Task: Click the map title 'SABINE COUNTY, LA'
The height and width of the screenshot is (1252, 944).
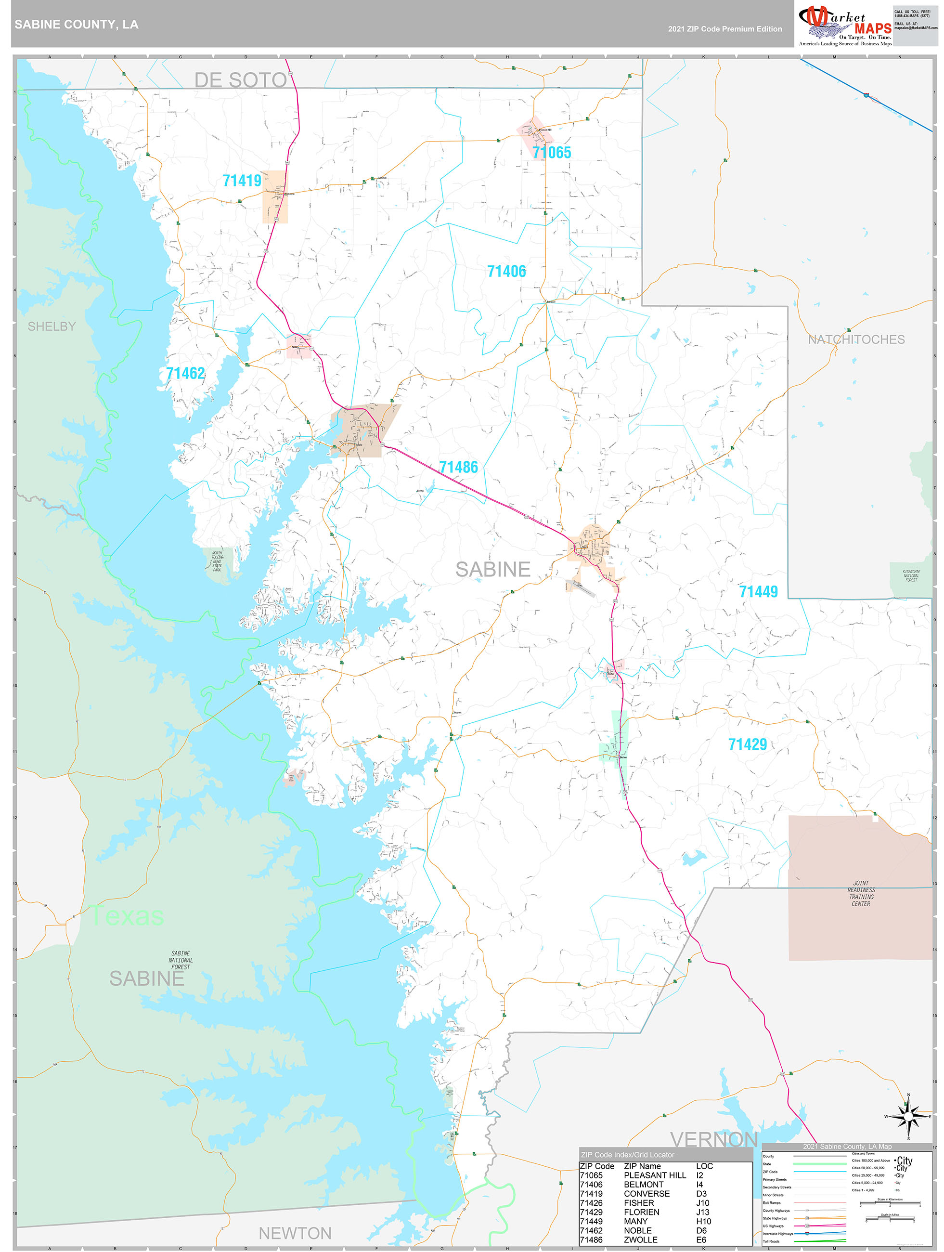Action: pyautogui.click(x=77, y=25)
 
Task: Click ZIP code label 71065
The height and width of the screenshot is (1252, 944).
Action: pyautogui.click(x=551, y=152)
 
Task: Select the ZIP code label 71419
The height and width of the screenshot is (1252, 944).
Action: pyautogui.click(x=242, y=181)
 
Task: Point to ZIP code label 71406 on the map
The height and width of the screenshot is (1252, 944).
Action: pyautogui.click(x=506, y=271)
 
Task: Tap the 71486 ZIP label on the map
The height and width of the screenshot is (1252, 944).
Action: pyautogui.click(x=458, y=467)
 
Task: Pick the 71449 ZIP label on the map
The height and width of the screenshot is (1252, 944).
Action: pyautogui.click(x=758, y=591)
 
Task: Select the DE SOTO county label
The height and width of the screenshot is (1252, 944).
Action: pyautogui.click(x=241, y=80)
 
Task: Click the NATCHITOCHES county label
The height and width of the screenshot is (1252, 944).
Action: pyautogui.click(x=856, y=339)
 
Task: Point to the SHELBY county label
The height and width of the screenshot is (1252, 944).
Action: pyautogui.click(x=52, y=326)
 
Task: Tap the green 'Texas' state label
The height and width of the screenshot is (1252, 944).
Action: pyautogui.click(x=128, y=915)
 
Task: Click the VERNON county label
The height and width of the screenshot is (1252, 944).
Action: pyautogui.click(x=714, y=1139)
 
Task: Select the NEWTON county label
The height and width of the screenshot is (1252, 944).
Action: pyautogui.click(x=295, y=1233)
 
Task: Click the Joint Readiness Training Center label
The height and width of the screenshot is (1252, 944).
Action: pyautogui.click(x=861, y=893)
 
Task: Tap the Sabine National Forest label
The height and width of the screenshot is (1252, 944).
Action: pyautogui.click(x=181, y=960)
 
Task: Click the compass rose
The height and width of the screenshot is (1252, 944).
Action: pyautogui.click(x=908, y=1117)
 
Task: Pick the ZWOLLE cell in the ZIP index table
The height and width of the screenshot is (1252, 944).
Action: pyautogui.click(x=640, y=1239)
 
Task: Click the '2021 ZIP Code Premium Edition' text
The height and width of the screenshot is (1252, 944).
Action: pyautogui.click(x=724, y=29)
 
